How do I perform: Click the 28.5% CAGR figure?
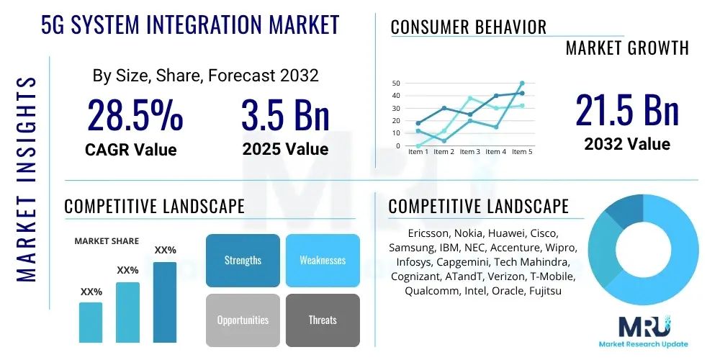point(135,116)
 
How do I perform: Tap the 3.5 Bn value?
point(286,116)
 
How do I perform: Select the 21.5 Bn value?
point(626,111)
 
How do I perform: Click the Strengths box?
point(243,260)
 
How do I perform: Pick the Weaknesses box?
point(323,260)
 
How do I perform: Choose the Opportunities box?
point(243,320)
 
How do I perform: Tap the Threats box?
point(323,320)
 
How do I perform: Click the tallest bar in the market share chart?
point(165,302)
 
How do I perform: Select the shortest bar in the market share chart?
point(91,322)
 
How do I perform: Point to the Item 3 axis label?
point(469,152)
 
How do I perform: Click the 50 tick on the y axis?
point(396,84)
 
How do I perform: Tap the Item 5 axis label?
point(521,152)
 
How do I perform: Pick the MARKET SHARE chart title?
point(107,241)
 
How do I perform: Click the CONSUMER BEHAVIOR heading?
point(468,27)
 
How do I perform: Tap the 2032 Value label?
point(626,144)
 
